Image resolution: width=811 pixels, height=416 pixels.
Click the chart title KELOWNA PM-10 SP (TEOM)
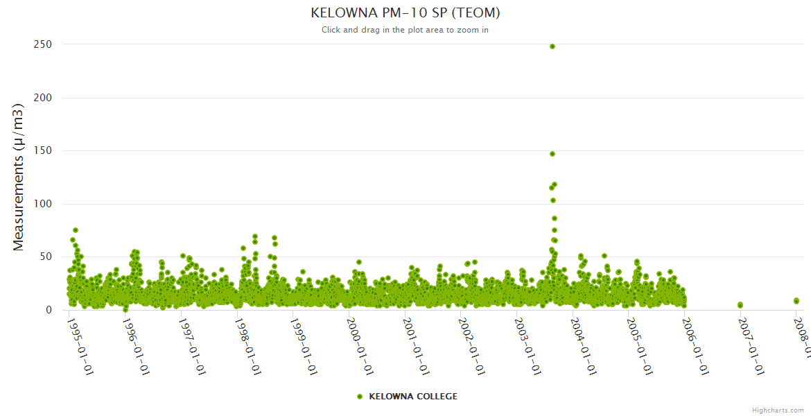pyautogui.click(x=405, y=12)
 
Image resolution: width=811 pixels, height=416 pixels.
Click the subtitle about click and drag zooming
pyautogui.click(x=405, y=30)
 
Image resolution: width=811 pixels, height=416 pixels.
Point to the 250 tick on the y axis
pyautogui.click(x=43, y=44)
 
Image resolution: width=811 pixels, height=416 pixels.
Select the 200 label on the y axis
pyautogui.click(x=43, y=98)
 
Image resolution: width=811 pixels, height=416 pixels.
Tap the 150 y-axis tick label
pyautogui.click(x=43, y=150)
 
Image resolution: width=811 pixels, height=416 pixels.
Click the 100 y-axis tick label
pyautogui.click(x=43, y=204)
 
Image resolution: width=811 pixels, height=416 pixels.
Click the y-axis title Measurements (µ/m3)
pyautogui.click(x=19, y=177)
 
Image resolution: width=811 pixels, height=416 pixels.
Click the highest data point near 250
pyautogui.click(x=552, y=46)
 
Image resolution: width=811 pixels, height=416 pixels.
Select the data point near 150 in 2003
pyautogui.click(x=552, y=154)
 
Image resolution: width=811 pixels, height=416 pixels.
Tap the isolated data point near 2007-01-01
pyautogui.click(x=740, y=305)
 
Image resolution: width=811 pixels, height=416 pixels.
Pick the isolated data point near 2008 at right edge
pyautogui.click(x=796, y=301)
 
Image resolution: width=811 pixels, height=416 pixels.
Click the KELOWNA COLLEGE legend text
pyautogui.click(x=413, y=397)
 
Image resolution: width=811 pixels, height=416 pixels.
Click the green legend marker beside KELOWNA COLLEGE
pyautogui.click(x=359, y=397)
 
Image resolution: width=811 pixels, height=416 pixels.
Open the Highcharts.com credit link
pyautogui.click(x=778, y=410)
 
